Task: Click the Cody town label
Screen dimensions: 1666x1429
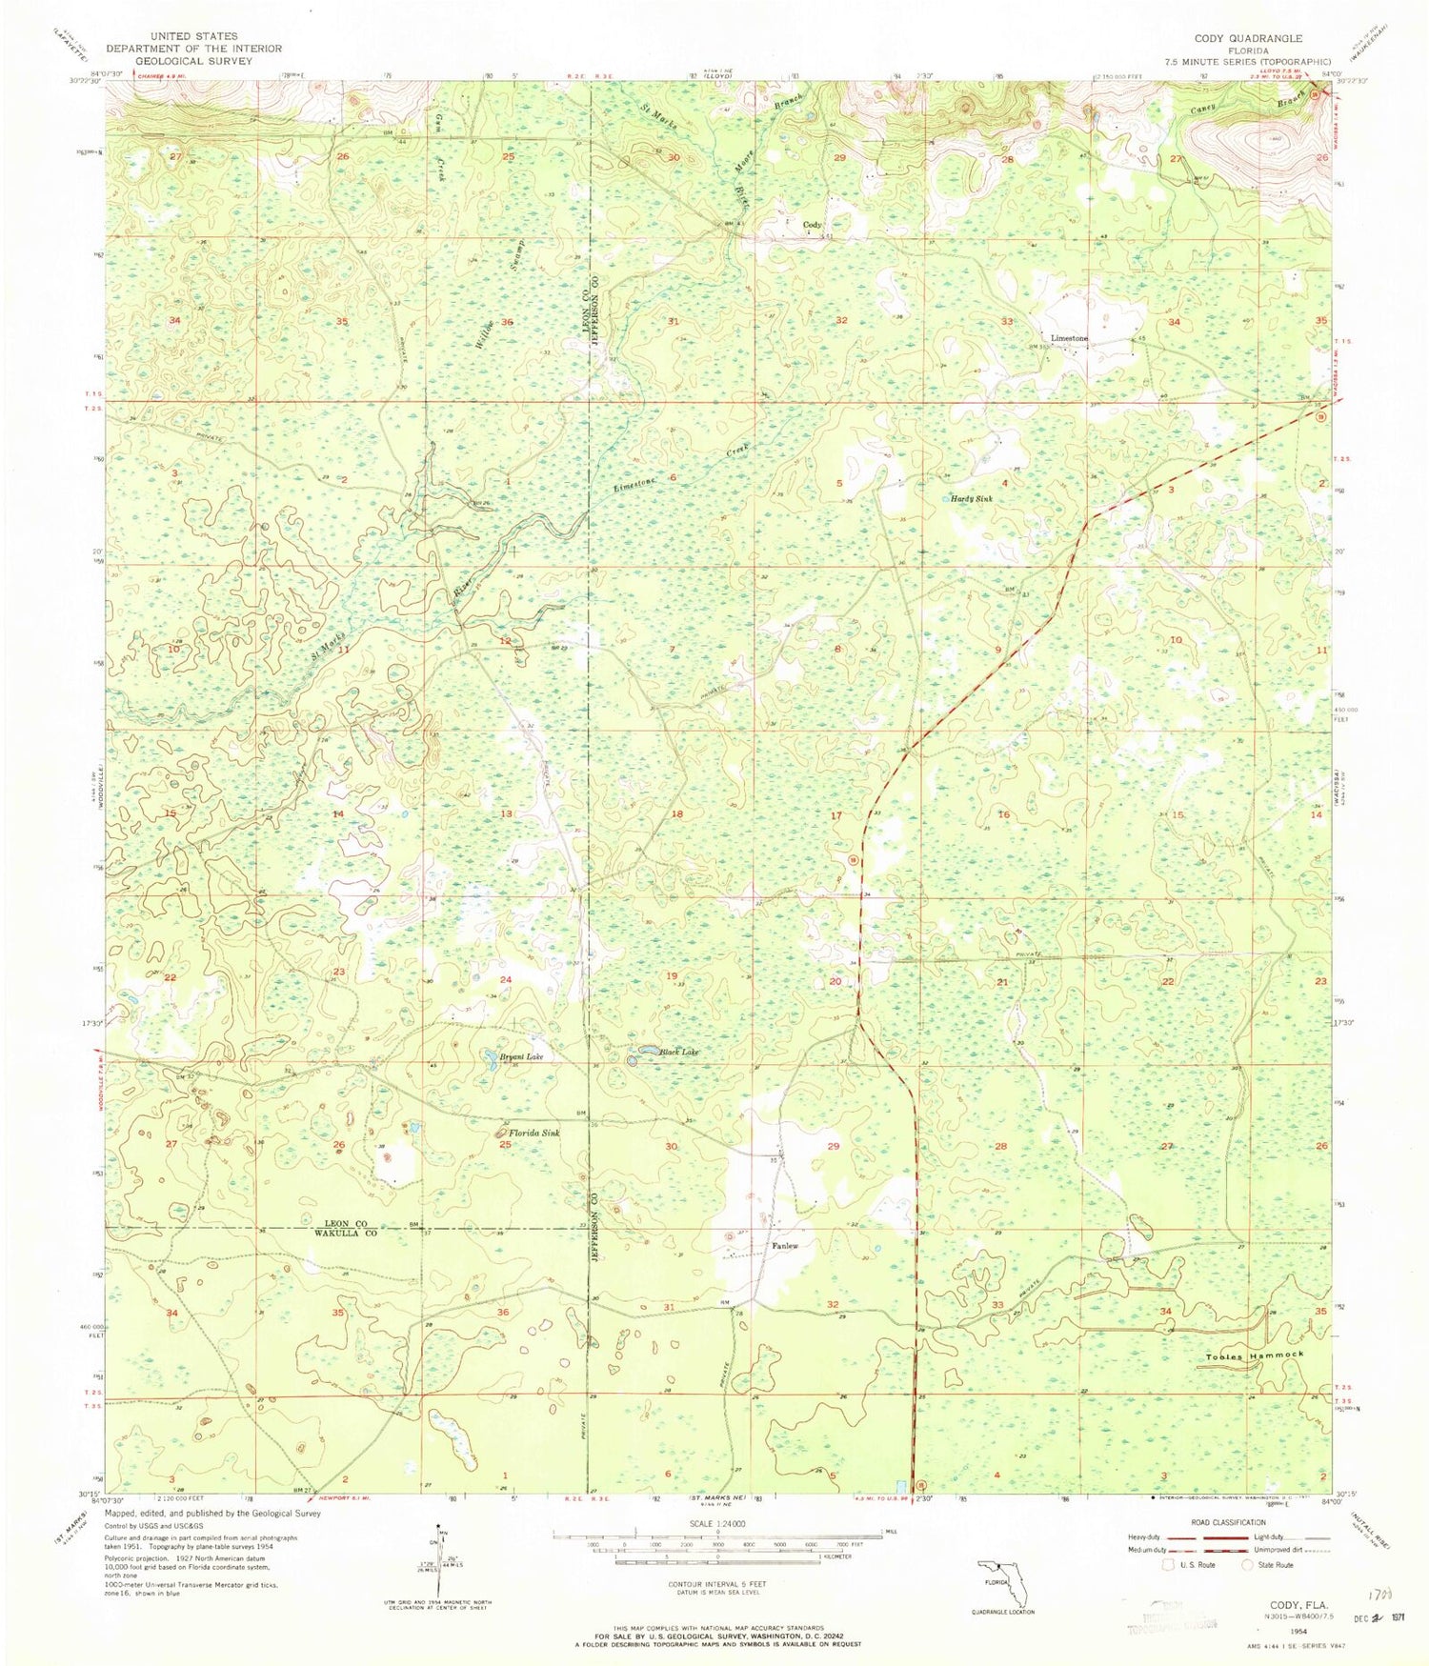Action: (812, 225)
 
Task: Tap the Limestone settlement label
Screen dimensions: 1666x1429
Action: (1069, 338)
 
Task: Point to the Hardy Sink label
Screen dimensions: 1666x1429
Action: (972, 498)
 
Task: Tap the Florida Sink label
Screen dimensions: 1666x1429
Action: (533, 1134)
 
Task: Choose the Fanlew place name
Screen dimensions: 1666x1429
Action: (784, 1246)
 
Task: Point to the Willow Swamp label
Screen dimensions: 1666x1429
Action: (490, 286)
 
